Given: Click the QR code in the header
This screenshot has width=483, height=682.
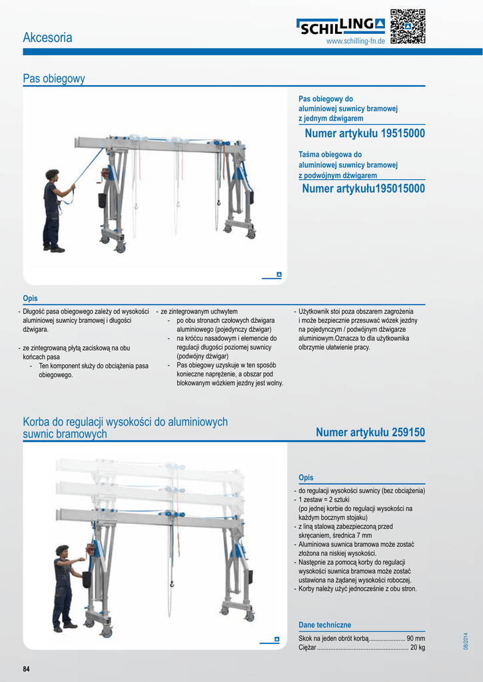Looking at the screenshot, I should [407, 27].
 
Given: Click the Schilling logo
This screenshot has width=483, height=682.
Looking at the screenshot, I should [340, 27].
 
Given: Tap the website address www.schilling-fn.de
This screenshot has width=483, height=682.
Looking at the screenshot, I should [355, 42].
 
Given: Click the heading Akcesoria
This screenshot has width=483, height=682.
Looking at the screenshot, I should [47, 38].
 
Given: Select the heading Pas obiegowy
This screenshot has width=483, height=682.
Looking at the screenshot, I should [54, 79].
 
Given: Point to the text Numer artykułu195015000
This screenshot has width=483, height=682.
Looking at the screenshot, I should [363, 189].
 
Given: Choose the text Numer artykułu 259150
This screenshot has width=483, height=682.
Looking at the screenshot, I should [370, 433].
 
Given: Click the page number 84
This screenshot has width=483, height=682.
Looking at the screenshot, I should [27, 669].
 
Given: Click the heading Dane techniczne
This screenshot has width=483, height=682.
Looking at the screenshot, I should [324, 625].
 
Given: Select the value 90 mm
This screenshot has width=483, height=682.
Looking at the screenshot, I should [416, 638].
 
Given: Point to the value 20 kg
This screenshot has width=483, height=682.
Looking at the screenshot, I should [418, 647].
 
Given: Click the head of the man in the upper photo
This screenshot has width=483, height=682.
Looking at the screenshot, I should [52, 175].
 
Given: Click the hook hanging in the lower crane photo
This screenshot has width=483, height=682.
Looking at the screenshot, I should [171, 584].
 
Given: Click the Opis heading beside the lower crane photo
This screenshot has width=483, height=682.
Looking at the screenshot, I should [306, 478].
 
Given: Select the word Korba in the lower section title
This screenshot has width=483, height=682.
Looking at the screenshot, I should [37, 422].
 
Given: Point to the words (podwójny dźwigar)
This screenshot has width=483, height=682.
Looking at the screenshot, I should [198, 356].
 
